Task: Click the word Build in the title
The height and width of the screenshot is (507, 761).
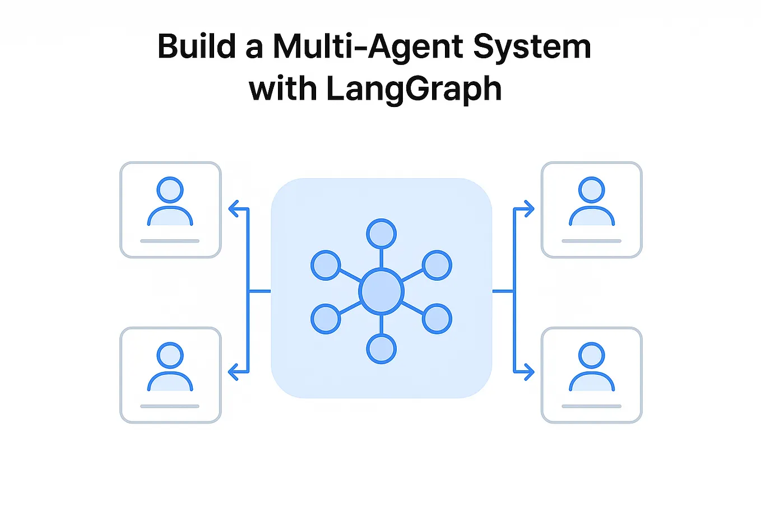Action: point(197,46)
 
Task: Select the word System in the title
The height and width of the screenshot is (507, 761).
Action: point(532,48)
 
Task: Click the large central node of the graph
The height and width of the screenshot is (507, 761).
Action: point(381,291)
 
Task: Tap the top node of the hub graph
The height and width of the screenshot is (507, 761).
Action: point(381,234)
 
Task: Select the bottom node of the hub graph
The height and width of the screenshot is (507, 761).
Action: point(381,349)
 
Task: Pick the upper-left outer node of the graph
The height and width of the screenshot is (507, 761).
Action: point(326,265)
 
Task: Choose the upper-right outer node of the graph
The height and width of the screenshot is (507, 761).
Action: point(437,265)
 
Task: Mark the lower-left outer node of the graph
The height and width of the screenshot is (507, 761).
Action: point(326,319)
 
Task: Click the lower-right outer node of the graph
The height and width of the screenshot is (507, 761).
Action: point(437,319)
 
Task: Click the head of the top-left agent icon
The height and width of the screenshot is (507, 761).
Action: point(170,190)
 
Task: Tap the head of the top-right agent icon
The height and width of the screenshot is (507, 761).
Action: point(591,190)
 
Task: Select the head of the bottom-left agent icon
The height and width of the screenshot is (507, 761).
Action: point(170,355)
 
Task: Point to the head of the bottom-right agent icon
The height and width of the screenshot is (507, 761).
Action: point(591,355)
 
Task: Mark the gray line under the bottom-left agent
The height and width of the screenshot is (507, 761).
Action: point(170,406)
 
